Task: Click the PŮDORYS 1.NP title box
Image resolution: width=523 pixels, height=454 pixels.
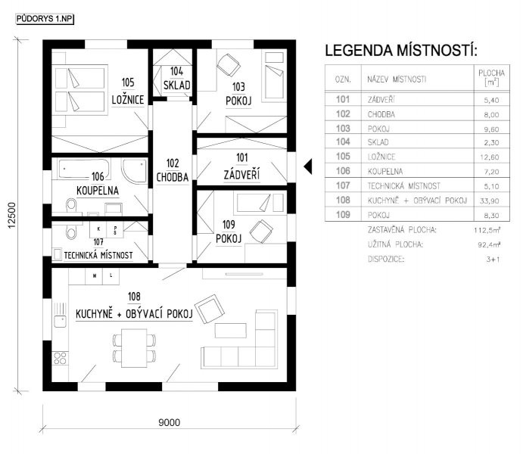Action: coord(45,19)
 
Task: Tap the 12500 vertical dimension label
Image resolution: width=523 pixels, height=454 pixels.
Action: coord(12,216)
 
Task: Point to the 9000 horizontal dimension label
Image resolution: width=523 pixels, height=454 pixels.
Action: coord(169,423)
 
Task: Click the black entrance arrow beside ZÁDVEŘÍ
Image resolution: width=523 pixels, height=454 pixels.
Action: coord(308,166)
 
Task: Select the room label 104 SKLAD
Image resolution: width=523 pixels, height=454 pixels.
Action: coord(177,79)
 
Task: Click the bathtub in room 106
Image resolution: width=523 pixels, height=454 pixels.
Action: coord(84,169)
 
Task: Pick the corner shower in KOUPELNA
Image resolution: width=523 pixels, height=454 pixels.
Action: coord(135,171)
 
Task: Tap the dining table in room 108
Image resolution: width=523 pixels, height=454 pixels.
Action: coord(134,348)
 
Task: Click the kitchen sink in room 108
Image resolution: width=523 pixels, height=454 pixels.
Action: coord(60,315)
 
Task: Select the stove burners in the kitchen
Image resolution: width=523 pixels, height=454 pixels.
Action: coord(60,359)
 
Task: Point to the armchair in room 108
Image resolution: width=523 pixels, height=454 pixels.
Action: coord(210,309)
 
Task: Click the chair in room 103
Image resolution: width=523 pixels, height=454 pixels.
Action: coord(229,64)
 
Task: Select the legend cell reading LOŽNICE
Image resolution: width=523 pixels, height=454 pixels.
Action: coord(381,157)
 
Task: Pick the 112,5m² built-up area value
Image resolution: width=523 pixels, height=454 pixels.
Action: coord(487,230)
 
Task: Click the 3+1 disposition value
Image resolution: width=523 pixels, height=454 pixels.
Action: coord(493,259)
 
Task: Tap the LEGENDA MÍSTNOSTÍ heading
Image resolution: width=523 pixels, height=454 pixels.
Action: coord(401,51)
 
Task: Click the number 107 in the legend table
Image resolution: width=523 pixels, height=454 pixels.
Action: coord(343,185)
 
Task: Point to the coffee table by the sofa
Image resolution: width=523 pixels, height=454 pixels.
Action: coord(231,331)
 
